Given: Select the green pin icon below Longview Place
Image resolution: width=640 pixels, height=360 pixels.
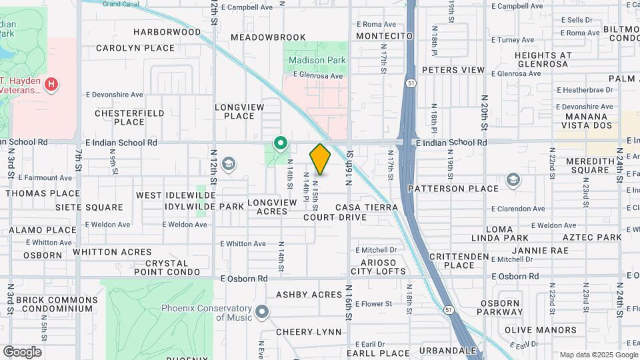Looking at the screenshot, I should [281, 142].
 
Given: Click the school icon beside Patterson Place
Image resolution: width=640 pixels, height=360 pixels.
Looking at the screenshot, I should [513, 179].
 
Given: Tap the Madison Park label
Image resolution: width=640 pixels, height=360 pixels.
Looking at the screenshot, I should [317, 60].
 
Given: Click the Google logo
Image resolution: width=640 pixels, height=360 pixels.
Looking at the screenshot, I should [22, 352].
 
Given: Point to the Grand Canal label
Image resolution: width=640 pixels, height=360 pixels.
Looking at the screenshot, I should [121, 4].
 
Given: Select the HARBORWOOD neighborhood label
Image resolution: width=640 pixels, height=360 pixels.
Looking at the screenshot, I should [167, 32].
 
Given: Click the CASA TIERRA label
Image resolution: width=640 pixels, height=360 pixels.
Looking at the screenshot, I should [371, 207].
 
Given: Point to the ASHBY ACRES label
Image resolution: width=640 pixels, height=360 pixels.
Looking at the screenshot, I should [309, 295].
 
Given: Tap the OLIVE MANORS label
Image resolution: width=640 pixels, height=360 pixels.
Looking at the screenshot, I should [541, 330].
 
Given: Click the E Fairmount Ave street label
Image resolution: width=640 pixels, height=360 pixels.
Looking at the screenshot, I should [45, 178].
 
